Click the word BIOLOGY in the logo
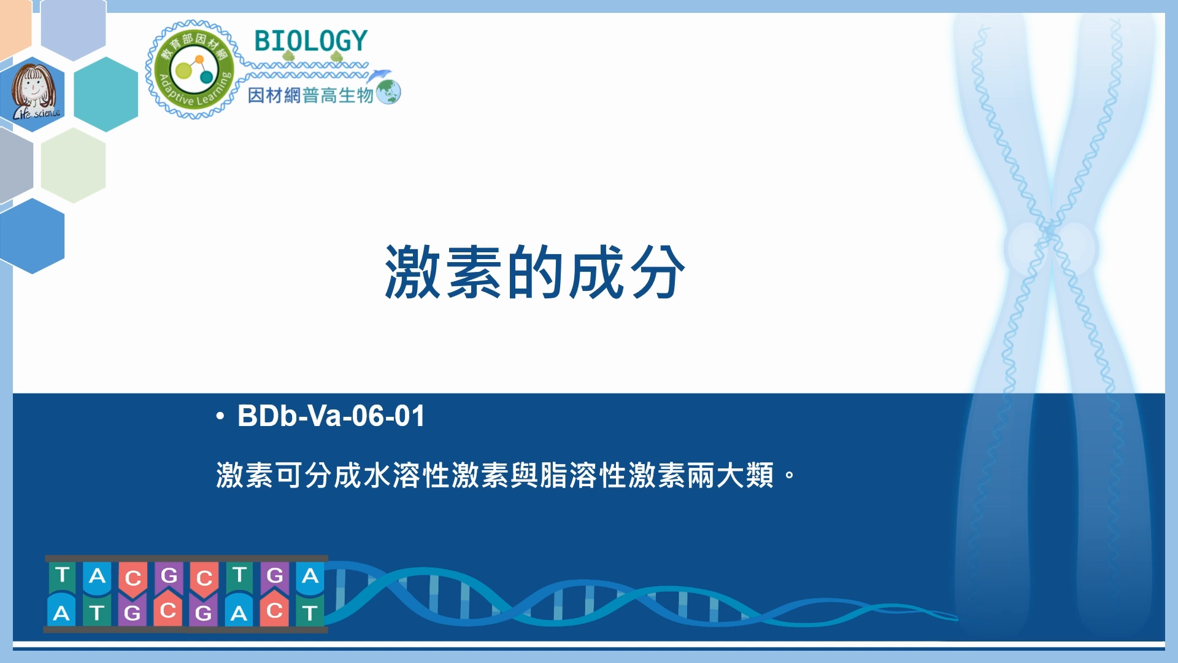[310, 41]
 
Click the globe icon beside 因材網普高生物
[388, 93]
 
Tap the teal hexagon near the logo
[106, 94]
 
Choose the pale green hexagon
[74, 165]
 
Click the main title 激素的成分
[534, 272]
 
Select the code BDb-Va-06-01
[331, 416]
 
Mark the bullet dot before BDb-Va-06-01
[220, 417]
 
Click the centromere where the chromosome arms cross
[1050, 232]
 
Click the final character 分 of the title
[656, 272]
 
